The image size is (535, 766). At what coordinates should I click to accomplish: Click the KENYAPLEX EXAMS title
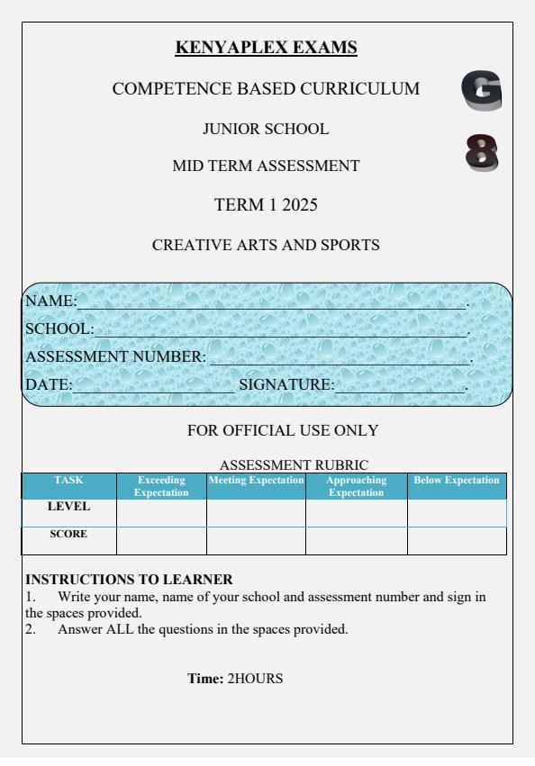[267, 47]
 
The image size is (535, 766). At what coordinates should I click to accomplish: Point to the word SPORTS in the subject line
[345, 244]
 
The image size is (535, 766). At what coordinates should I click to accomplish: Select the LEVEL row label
[68, 507]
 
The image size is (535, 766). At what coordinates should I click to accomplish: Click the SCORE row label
[68, 534]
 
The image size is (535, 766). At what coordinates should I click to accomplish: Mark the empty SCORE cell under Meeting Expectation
[256, 541]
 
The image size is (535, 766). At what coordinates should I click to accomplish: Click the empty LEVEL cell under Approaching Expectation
[356, 512]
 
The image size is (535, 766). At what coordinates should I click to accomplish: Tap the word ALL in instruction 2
[120, 629]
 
